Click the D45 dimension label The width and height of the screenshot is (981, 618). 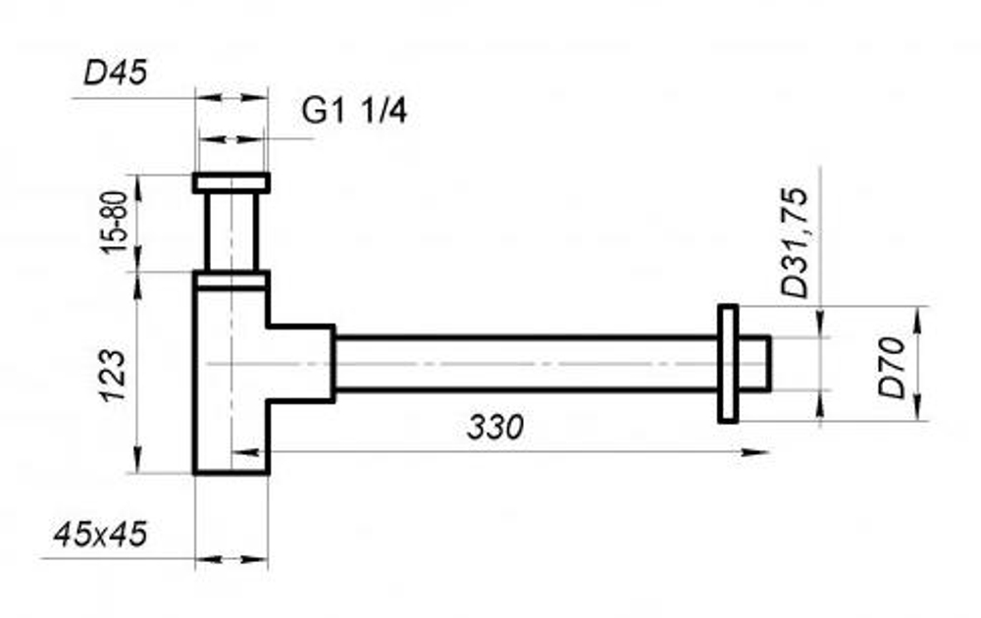coord(116,73)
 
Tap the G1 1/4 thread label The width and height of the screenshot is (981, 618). coord(354,112)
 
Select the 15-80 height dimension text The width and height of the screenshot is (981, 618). coord(115,223)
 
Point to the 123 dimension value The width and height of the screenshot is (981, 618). coord(114,376)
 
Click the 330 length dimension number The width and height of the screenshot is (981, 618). coord(494,428)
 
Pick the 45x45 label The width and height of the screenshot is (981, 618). coord(100,535)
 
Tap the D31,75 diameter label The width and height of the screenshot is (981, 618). coord(796,242)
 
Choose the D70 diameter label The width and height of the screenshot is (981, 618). coord(892,368)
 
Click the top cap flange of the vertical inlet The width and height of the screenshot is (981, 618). coord(231,182)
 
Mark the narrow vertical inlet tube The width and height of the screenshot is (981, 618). coord(232,232)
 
